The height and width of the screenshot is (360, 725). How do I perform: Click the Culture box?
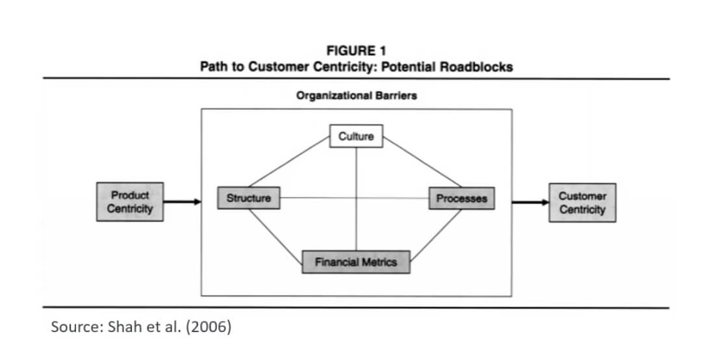click(356, 136)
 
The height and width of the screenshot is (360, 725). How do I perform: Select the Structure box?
click(249, 198)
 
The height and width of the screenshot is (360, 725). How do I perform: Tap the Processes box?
click(461, 199)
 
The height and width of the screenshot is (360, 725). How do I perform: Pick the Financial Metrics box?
click(356, 262)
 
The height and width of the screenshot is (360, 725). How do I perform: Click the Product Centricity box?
click(130, 201)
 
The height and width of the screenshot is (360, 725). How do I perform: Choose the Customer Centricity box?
click(582, 203)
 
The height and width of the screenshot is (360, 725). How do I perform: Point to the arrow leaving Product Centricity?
click(182, 201)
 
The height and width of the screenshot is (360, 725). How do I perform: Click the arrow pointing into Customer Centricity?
click(530, 202)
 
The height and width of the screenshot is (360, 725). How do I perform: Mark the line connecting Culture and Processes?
click(422, 161)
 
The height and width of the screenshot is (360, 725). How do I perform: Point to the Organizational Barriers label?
click(356, 96)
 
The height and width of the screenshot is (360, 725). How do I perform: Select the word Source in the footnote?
click(73, 326)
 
